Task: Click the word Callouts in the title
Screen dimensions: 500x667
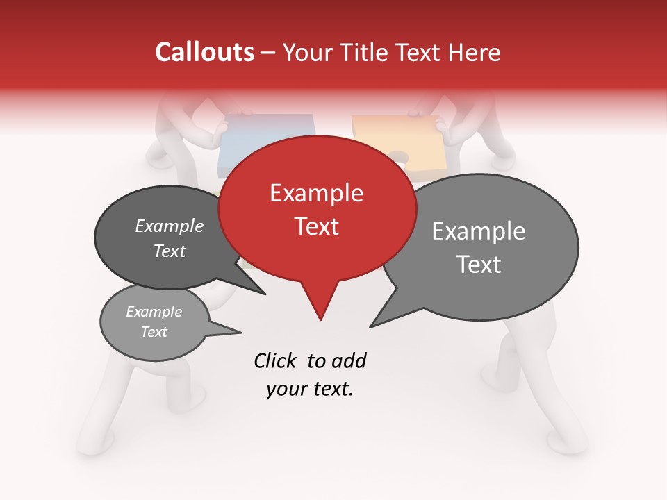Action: pyautogui.click(x=204, y=52)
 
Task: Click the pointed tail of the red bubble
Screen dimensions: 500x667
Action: pyautogui.click(x=320, y=317)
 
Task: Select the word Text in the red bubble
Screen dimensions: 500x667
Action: pyautogui.click(x=317, y=226)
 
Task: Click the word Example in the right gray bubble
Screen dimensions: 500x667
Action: pyautogui.click(x=479, y=231)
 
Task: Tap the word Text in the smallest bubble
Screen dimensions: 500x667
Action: pyautogui.click(x=154, y=332)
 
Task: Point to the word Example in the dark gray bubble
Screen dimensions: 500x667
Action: pyautogui.click(x=169, y=226)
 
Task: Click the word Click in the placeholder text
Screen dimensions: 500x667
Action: pyautogui.click(x=277, y=360)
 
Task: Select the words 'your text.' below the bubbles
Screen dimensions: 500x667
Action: pyautogui.click(x=309, y=389)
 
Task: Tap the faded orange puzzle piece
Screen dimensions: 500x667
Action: pyautogui.click(x=396, y=139)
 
